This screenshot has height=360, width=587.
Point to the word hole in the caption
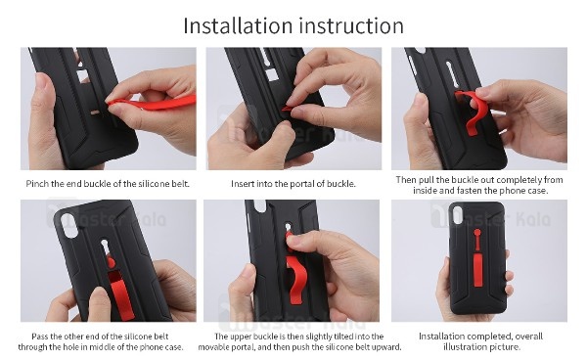pos(59,346)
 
